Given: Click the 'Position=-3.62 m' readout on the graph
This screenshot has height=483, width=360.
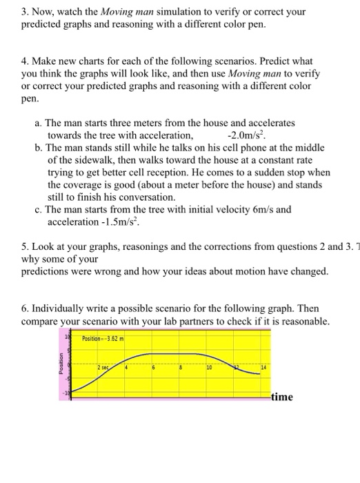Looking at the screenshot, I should tap(103, 339).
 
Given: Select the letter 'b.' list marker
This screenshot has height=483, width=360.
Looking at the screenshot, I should tap(38, 147).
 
